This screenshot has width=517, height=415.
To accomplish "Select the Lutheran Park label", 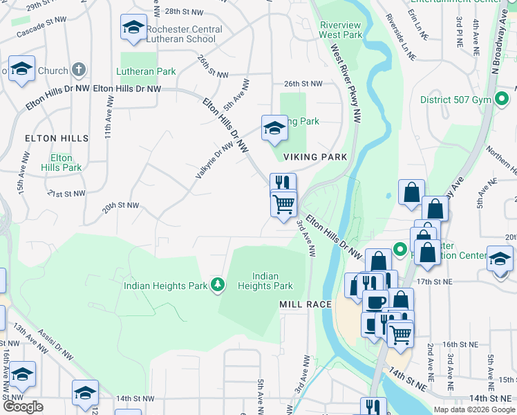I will tap(147, 71).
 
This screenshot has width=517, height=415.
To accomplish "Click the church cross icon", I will tap(79, 70).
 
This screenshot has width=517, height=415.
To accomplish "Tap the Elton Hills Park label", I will tap(61, 163).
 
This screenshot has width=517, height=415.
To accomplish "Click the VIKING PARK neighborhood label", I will tap(314, 157).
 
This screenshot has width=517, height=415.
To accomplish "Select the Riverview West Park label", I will tap(341, 30).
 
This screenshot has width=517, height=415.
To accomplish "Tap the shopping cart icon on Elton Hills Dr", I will tap(283, 205).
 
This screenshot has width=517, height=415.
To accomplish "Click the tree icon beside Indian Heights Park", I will tap(218, 285).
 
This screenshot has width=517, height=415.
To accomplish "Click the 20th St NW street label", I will tap(120, 206).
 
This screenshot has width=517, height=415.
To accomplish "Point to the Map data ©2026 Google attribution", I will tap(474, 409).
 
